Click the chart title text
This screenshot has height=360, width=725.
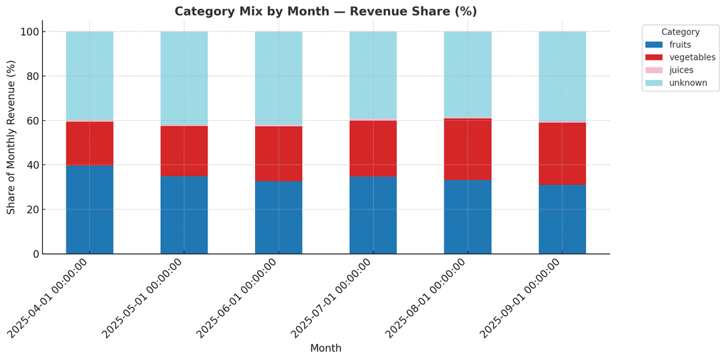click(326, 11)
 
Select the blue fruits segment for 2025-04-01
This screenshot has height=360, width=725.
click(89, 210)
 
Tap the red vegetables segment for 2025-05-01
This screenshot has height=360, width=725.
click(184, 151)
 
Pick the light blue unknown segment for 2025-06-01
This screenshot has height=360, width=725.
click(279, 78)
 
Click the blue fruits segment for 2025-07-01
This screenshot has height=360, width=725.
click(373, 215)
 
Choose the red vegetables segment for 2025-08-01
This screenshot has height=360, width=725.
click(467, 149)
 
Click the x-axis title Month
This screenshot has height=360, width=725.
click(326, 349)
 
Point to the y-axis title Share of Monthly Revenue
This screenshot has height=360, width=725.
click(11, 137)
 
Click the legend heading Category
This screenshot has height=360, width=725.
click(680, 32)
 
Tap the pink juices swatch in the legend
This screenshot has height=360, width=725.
click(654, 70)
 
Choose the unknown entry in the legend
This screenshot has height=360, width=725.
click(688, 83)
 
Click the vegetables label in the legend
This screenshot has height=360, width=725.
click(692, 57)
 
